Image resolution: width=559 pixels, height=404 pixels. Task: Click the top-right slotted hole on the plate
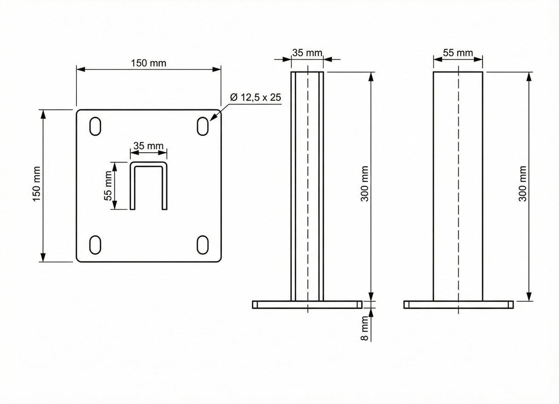point(202,126)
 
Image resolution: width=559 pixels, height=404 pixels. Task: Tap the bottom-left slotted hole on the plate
point(94,244)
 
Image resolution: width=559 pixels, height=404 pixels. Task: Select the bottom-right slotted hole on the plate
point(202,244)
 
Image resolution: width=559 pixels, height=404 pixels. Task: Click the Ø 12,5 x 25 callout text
point(255,97)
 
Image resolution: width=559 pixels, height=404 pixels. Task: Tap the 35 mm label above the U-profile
point(148,146)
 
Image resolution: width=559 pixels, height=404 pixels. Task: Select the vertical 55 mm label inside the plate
point(109,185)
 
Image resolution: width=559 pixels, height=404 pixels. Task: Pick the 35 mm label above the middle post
point(307,52)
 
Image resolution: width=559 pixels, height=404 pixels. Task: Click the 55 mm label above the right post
point(458,52)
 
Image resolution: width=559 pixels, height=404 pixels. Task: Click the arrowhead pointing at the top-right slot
point(213,119)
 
